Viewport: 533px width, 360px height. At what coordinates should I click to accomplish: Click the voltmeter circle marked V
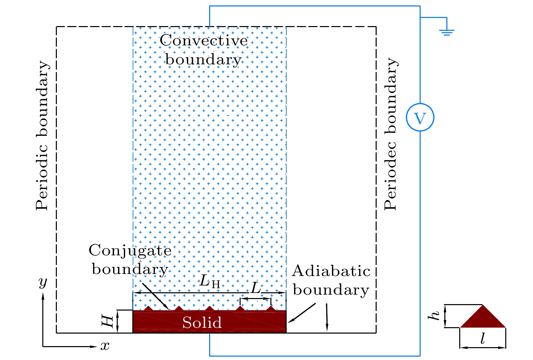(x=420, y=117)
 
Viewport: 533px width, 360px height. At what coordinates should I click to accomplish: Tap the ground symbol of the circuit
(x=447, y=33)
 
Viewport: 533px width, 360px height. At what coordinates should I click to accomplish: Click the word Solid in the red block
(x=202, y=322)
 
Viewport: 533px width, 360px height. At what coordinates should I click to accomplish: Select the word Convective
(x=204, y=41)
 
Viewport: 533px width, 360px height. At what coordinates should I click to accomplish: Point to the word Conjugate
(x=130, y=251)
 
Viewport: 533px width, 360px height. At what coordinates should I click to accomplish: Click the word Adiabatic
(x=331, y=271)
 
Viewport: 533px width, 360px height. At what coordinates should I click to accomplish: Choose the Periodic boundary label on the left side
(x=42, y=135)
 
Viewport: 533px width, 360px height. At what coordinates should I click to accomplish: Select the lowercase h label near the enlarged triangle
(x=434, y=316)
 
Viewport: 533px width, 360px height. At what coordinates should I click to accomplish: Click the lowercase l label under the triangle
(x=483, y=339)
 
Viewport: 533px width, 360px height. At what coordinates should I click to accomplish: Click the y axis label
(x=43, y=281)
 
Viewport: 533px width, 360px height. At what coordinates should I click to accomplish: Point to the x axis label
(x=105, y=346)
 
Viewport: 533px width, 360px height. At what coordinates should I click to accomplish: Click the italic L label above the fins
(x=256, y=288)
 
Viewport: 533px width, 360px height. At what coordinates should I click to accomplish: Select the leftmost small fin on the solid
(x=148, y=308)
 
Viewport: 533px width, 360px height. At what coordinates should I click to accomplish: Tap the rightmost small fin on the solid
(x=271, y=308)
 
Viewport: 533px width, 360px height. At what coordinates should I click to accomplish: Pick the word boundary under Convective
(x=203, y=60)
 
